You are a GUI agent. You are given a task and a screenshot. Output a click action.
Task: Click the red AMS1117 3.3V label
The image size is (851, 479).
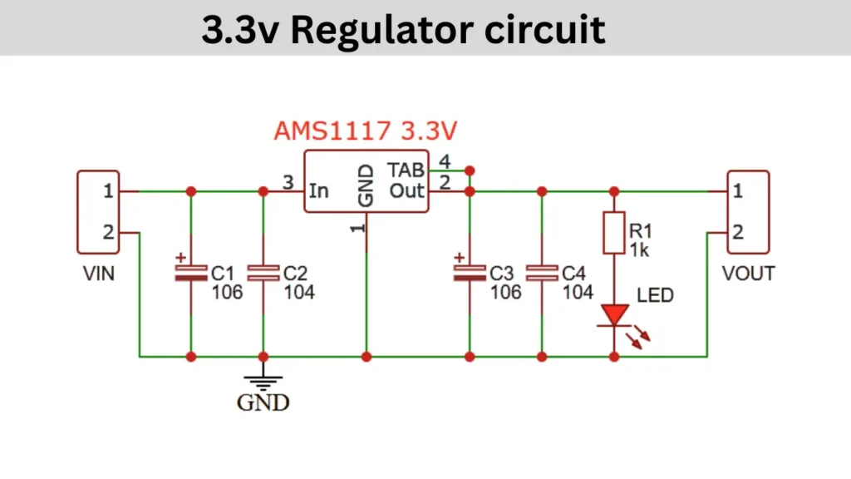366,131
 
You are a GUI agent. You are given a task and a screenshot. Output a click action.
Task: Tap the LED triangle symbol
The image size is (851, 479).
615,315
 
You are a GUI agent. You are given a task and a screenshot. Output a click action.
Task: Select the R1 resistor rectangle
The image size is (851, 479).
614,232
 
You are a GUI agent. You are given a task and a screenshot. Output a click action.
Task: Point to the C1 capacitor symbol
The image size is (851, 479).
190,274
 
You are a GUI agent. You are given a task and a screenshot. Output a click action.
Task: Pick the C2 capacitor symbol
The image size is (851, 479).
263,274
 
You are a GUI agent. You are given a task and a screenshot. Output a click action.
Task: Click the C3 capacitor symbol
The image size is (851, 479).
469,274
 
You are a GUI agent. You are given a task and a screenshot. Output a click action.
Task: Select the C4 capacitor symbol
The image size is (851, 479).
541,274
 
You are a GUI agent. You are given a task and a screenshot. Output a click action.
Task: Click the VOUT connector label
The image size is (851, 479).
748,273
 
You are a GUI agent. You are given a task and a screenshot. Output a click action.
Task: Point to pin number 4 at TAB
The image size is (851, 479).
445,160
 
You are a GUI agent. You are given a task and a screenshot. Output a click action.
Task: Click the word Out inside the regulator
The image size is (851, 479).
407,191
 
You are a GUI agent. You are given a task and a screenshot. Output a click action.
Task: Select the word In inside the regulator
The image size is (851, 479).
318,191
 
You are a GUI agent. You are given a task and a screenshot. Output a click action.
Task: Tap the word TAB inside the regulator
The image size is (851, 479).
406,170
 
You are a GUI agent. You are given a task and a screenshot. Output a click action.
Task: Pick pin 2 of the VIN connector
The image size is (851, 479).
108,233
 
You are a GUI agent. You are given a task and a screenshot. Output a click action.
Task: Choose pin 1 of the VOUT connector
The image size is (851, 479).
738,191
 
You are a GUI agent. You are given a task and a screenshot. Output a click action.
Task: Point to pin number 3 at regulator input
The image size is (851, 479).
288,181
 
